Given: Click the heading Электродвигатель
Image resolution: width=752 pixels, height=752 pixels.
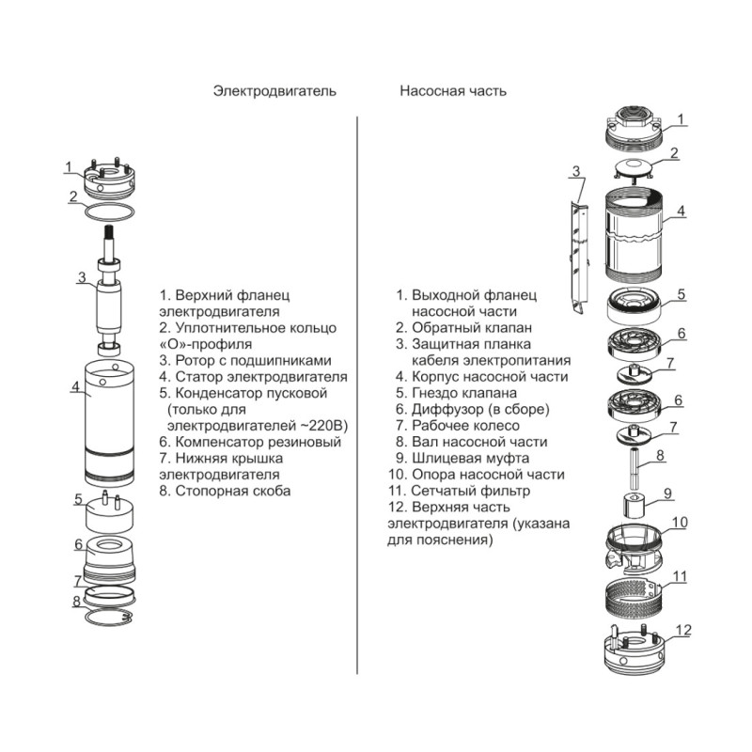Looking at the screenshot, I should [x=274, y=91].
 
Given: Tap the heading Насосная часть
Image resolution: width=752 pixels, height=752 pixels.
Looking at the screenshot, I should [x=453, y=91].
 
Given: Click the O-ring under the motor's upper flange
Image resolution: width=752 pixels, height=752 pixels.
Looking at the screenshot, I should [x=111, y=211].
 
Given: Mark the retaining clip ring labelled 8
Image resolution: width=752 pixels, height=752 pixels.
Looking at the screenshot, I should [x=111, y=617].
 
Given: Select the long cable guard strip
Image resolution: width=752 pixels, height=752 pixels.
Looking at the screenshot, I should [x=579, y=249].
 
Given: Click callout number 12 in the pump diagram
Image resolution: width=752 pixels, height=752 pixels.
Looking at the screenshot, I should [x=683, y=630].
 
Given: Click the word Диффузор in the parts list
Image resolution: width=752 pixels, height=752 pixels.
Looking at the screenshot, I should [x=444, y=410].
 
